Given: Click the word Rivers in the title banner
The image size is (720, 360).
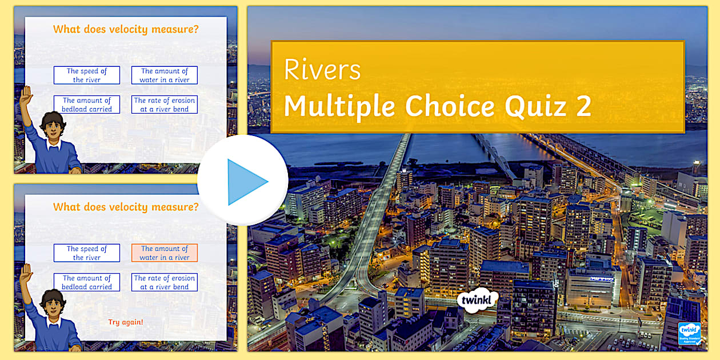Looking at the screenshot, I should [x=322, y=70].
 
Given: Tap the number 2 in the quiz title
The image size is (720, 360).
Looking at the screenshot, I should [x=583, y=106].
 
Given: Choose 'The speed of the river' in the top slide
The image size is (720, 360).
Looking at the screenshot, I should [x=87, y=75].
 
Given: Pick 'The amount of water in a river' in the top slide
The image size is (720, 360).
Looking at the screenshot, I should [x=165, y=75].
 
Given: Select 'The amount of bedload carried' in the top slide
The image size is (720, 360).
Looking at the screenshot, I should [x=87, y=105].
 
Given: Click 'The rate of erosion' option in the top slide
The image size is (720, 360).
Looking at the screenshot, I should [x=165, y=105].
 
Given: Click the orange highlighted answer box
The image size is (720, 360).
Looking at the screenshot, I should [x=165, y=253].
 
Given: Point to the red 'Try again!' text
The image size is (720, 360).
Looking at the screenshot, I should [x=126, y=322].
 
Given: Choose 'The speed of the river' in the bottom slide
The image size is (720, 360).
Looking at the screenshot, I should [x=87, y=253].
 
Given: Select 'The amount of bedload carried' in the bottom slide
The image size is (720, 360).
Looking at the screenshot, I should [x=87, y=282].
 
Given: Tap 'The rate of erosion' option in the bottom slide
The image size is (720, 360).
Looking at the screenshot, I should [x=165, y=282].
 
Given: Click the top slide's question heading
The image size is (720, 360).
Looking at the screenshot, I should [x=126, y=29].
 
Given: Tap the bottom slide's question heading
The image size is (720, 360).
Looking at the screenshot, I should [x=126, y=207].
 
